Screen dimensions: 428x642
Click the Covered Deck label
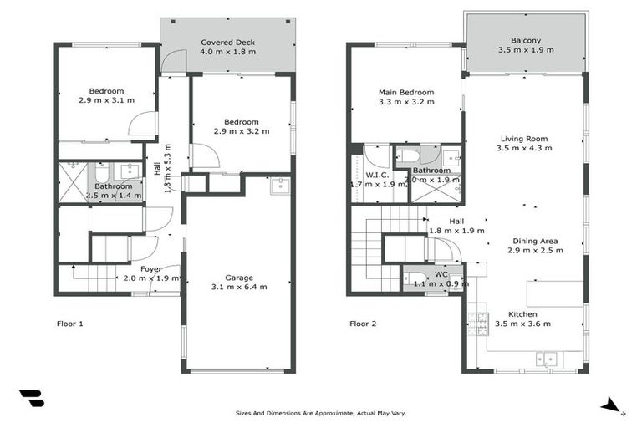(227, 42)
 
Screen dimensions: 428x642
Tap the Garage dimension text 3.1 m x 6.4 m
(239, 288)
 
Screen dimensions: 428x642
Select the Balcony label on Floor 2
(526, 40)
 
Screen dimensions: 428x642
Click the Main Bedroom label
(406, 92)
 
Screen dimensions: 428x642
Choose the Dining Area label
(535, 241)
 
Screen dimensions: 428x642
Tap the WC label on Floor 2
(441, 274)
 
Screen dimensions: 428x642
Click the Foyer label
(151, 268)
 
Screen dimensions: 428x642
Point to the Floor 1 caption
(69, 324)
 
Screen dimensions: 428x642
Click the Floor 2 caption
(363, 324)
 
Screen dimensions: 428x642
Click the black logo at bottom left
(31, 399)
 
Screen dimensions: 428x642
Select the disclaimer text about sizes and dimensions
(322, 413)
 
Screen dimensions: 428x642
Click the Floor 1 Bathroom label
(114, 186)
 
